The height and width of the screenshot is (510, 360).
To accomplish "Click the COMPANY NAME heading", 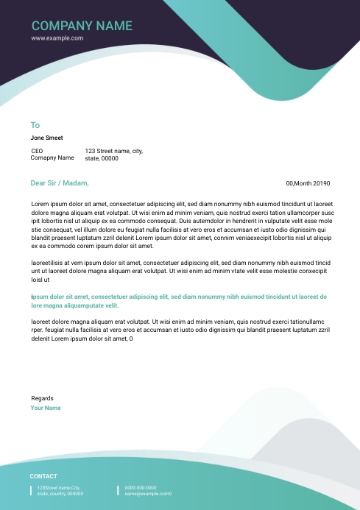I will (82, 26).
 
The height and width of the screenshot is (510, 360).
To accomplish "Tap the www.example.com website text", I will (57, 38).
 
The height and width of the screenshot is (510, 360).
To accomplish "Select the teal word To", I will (35, 125).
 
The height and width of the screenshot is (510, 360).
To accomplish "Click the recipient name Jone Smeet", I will (46, 138).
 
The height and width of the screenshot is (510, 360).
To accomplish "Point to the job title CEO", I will (37, 151).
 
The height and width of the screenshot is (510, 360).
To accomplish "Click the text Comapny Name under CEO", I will (52, 157).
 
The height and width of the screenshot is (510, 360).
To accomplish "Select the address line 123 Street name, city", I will (113, 151).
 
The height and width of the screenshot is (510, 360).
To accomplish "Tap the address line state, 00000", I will (102, 158).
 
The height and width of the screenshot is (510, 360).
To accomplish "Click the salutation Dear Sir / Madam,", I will (59, 183).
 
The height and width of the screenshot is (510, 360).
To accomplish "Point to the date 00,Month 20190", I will (308, 183).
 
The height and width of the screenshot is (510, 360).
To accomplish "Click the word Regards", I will (42, 398).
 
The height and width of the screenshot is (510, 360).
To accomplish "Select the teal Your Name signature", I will (46, 408).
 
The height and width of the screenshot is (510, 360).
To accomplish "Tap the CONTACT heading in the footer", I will (43, 476).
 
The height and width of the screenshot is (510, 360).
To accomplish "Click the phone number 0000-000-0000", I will (140, 487).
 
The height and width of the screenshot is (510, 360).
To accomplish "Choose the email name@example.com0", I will (148, 494).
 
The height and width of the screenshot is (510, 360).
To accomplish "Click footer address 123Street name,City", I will (58, 487).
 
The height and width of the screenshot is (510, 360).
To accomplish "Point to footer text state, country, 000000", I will (60, 494).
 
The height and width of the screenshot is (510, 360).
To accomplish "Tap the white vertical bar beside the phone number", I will (118, 490).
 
